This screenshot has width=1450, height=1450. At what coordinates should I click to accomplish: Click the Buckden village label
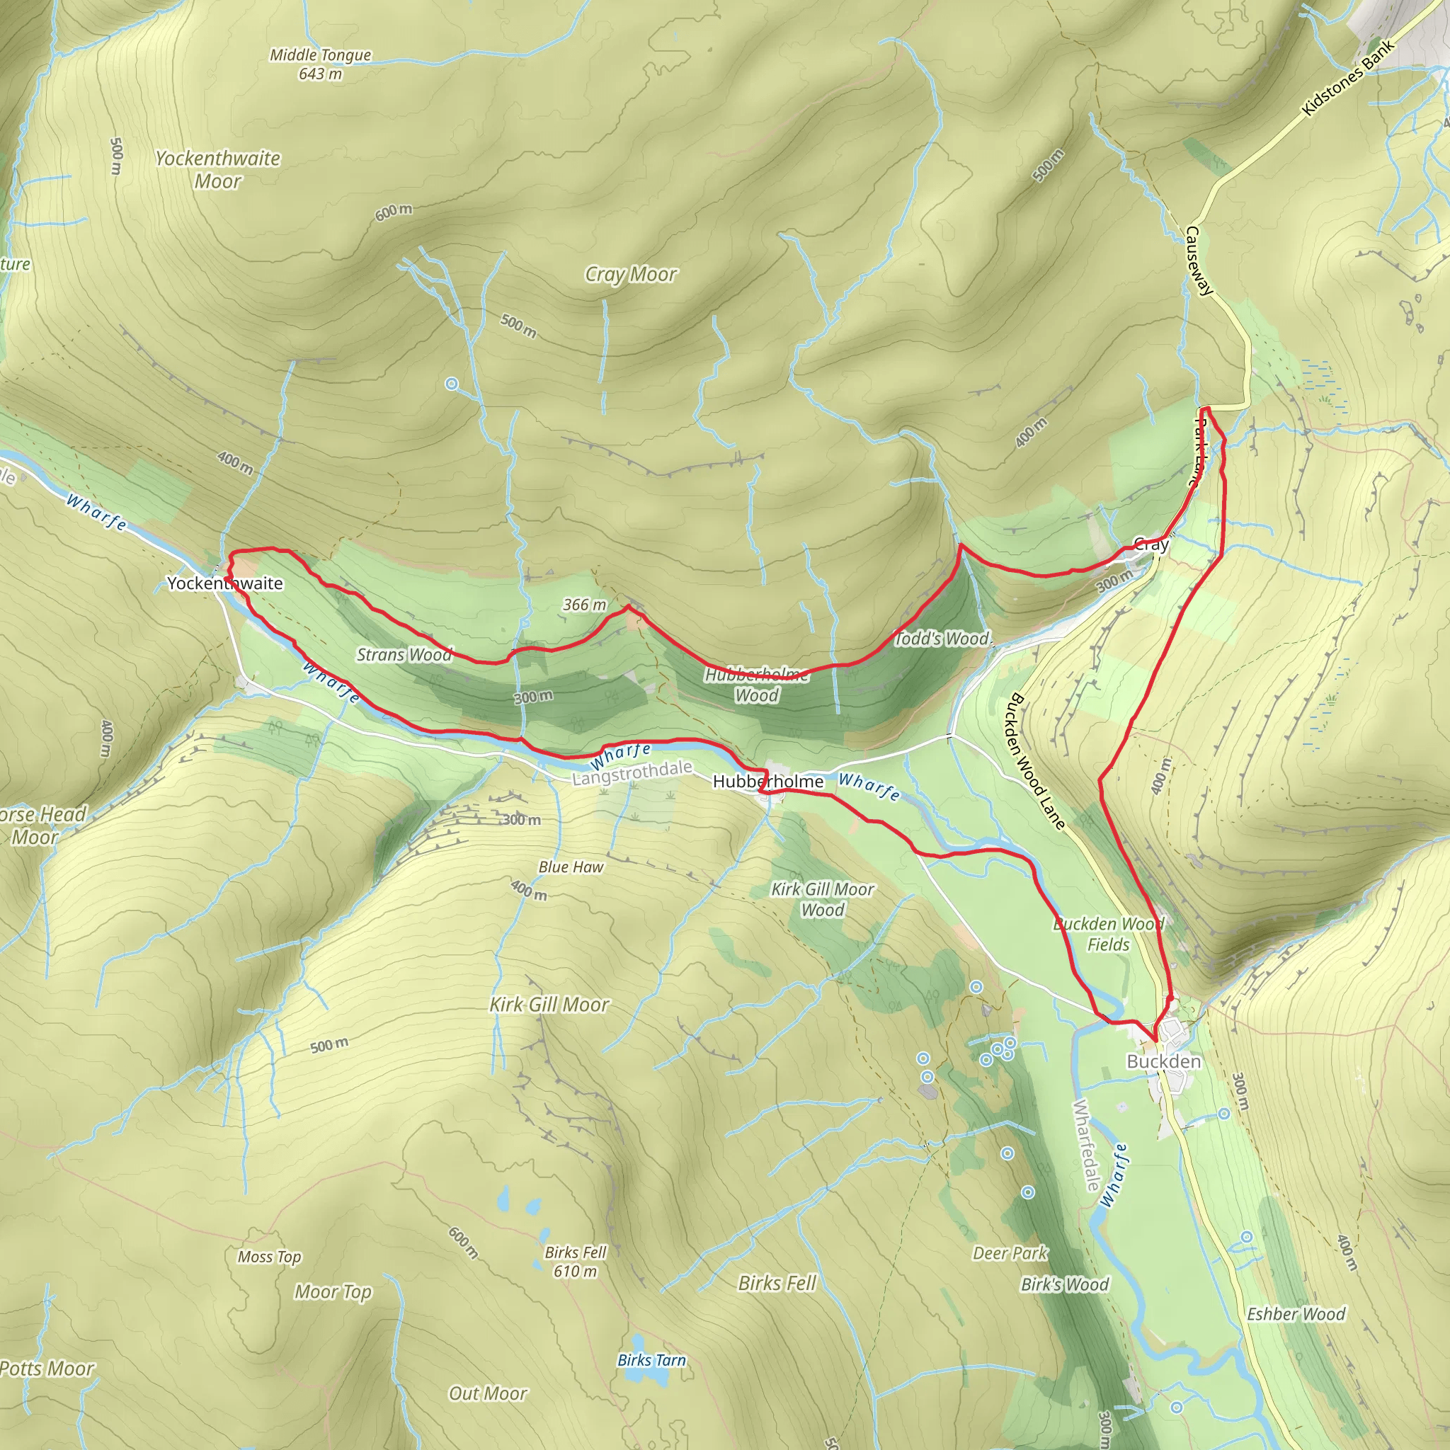pos(1163,1061)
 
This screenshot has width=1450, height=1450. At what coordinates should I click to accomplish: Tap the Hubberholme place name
pos(767,782)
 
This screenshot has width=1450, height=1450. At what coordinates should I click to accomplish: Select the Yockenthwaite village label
pos(224,583)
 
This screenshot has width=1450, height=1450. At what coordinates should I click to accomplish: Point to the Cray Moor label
pos(630,275)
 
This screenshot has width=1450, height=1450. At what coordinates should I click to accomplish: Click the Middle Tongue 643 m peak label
pos(321,64)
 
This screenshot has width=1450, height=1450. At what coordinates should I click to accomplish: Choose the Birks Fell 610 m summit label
pos(575,1262)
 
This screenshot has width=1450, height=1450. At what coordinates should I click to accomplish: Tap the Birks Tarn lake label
pos(651,1360)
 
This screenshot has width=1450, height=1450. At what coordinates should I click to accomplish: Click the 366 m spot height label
pos(585,604)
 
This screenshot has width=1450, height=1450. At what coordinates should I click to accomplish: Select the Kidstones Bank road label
pos(1348,76)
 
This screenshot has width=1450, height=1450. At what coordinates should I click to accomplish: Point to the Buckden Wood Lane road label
pos(1037,761)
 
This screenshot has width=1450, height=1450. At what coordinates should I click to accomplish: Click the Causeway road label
pos(1199,261)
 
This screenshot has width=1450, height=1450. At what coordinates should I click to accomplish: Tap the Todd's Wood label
pos(942,639)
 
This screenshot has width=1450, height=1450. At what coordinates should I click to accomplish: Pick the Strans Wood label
pos(404,654)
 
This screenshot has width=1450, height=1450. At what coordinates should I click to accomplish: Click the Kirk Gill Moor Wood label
pos(823,899)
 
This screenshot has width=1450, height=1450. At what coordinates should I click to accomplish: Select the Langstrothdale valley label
pos(632,773)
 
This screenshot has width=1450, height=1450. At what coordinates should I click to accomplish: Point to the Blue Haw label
pos(571,867)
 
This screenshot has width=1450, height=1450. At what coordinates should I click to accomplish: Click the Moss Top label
pos(270,1257)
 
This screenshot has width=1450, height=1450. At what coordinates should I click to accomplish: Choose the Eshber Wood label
pos(1296,1313)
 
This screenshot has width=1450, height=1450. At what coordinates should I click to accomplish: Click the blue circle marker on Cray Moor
pos(452,384)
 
